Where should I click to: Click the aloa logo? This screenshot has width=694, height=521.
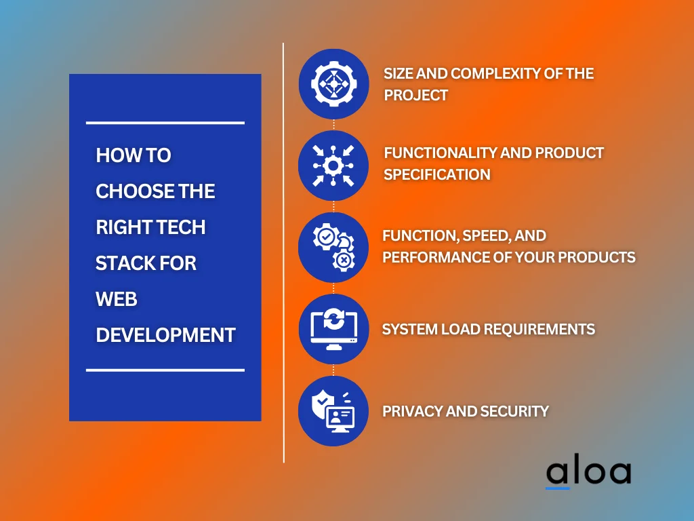[x=588, y=473]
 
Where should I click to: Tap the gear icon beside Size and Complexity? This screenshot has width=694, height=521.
[x=333, y=84]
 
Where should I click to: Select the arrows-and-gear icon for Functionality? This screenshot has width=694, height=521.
[x=333, y=166]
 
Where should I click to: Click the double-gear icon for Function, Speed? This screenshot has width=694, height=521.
[x=333, y=248]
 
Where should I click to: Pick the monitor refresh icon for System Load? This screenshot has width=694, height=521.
[x=333, y=329]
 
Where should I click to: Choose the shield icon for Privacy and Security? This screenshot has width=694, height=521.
[x=333, y=411]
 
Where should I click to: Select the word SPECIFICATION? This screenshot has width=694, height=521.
[x=437, y=175]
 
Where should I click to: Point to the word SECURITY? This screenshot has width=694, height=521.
[x=514, y=411]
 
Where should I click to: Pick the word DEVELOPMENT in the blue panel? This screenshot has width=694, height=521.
[x=165, y=335]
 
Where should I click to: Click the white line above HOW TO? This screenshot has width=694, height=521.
[x=165, y=123]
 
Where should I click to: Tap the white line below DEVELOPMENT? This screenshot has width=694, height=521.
[x=165, y=370]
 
